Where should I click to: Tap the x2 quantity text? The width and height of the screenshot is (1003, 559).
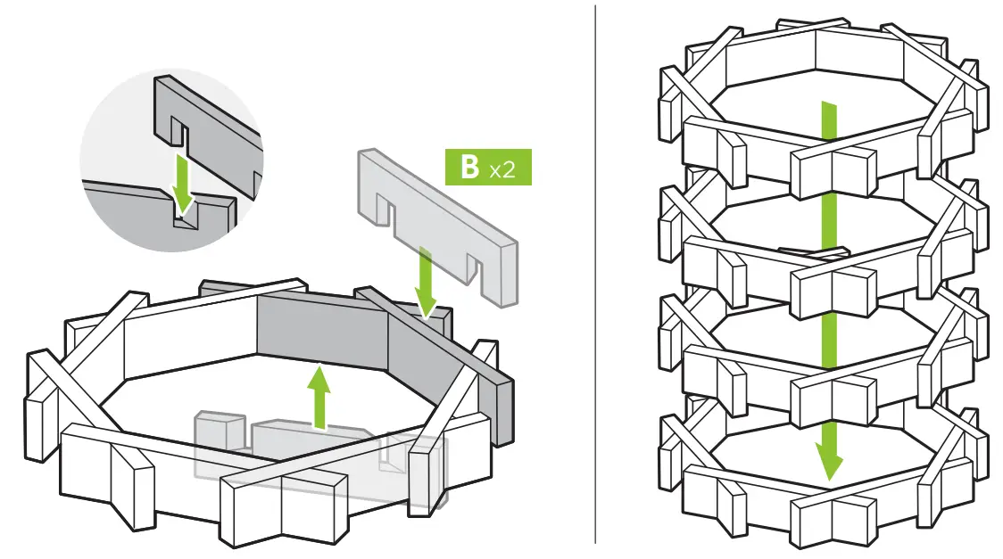[501, 169]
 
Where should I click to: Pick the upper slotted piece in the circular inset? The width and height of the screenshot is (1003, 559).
[210, 125]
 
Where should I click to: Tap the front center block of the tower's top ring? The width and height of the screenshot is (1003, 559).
[833, 169]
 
